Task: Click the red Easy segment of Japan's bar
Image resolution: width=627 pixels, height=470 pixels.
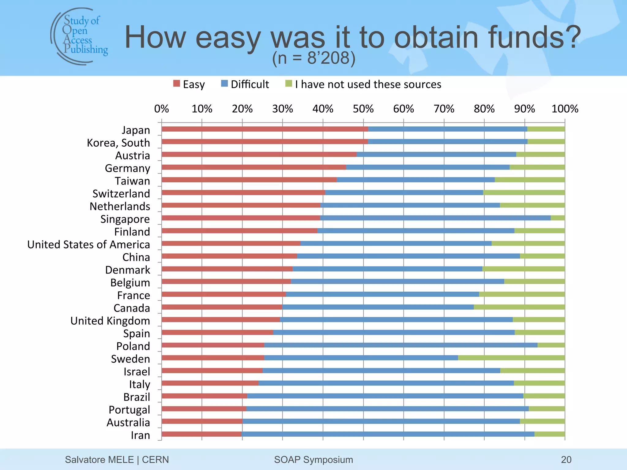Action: click(x=265, y=129)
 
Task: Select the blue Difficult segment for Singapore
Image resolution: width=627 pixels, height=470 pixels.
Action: click(x=435, y=218)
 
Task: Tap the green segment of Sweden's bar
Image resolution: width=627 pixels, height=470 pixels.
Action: click(x=511, y=358)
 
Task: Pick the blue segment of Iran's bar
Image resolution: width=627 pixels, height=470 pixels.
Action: click(x=388, y=434)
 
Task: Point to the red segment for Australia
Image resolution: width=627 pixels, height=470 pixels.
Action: click(x=202, y=421)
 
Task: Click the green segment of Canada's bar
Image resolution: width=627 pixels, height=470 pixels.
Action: click(x=519, y=307)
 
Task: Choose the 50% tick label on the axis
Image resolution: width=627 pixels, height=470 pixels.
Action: click(x=363, y=109)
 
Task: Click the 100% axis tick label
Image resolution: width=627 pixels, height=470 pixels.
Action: click(x=565, y=109)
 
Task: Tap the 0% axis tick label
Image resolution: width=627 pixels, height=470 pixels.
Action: click(x=161, y=109)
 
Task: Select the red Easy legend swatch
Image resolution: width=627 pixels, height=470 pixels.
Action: click(x=176, y=84)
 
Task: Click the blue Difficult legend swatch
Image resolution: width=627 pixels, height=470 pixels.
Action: click(x=224, y=84)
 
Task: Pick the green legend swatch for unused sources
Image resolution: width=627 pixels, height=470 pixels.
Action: click(x=289, y=84)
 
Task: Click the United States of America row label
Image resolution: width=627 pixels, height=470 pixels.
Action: click(x=88, y=244)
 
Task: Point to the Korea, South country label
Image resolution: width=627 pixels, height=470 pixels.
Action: click(x=118, y=143)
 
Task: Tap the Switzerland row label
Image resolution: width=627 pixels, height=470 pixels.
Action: click(x=121, y=194)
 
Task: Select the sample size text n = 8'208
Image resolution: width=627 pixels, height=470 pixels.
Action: click(x=314, y=58)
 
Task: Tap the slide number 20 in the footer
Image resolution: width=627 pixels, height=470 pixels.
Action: click(x=566, y=459)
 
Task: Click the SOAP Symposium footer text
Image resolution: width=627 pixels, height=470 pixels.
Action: click(x=313, y=459)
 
